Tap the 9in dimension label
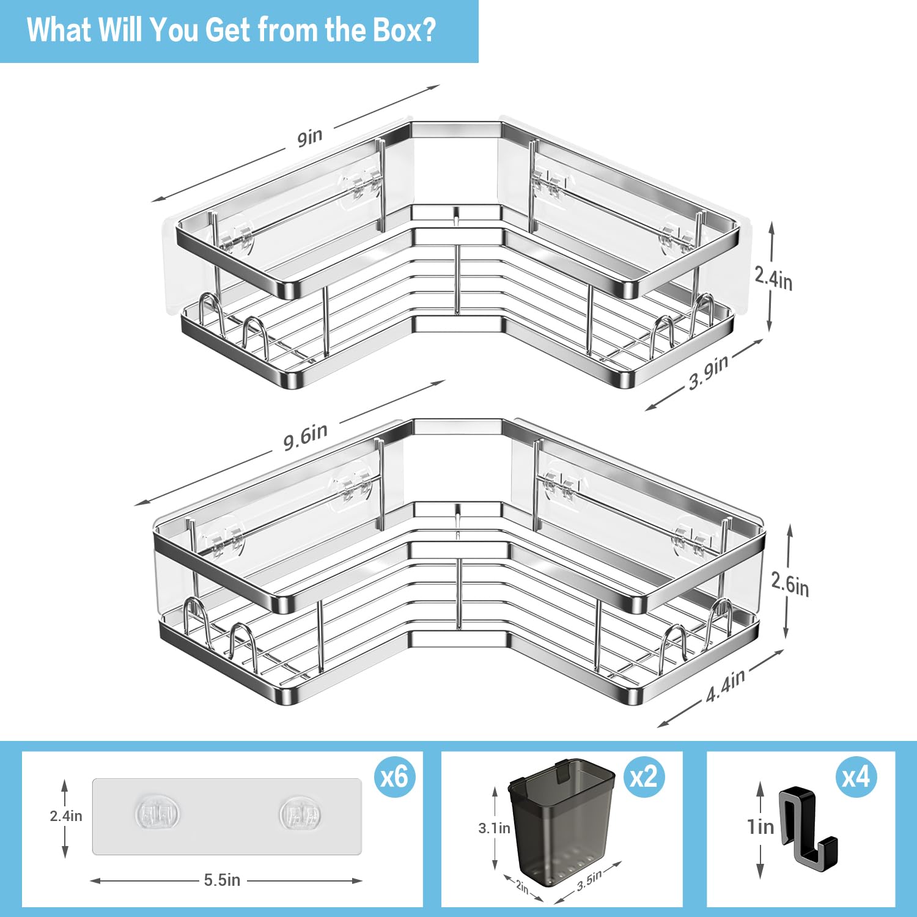tap(310, 138)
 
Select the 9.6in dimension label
tap(305, 436)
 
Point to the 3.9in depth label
tap(709, 372)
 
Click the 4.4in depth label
tap(726, 686)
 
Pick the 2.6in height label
tap(790, 584)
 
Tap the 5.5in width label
tap(222, 880)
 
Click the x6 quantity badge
tap(394, 777)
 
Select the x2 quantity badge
tap(644, 777)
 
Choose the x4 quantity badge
tap(856, 777)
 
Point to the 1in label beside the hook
tap(761, 827)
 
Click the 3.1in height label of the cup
tap(494, 828)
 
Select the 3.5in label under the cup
tap(589, 878)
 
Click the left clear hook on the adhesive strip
tap(157, 814)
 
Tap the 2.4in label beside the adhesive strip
tap(66, 816)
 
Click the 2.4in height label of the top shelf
tap(773, 278)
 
